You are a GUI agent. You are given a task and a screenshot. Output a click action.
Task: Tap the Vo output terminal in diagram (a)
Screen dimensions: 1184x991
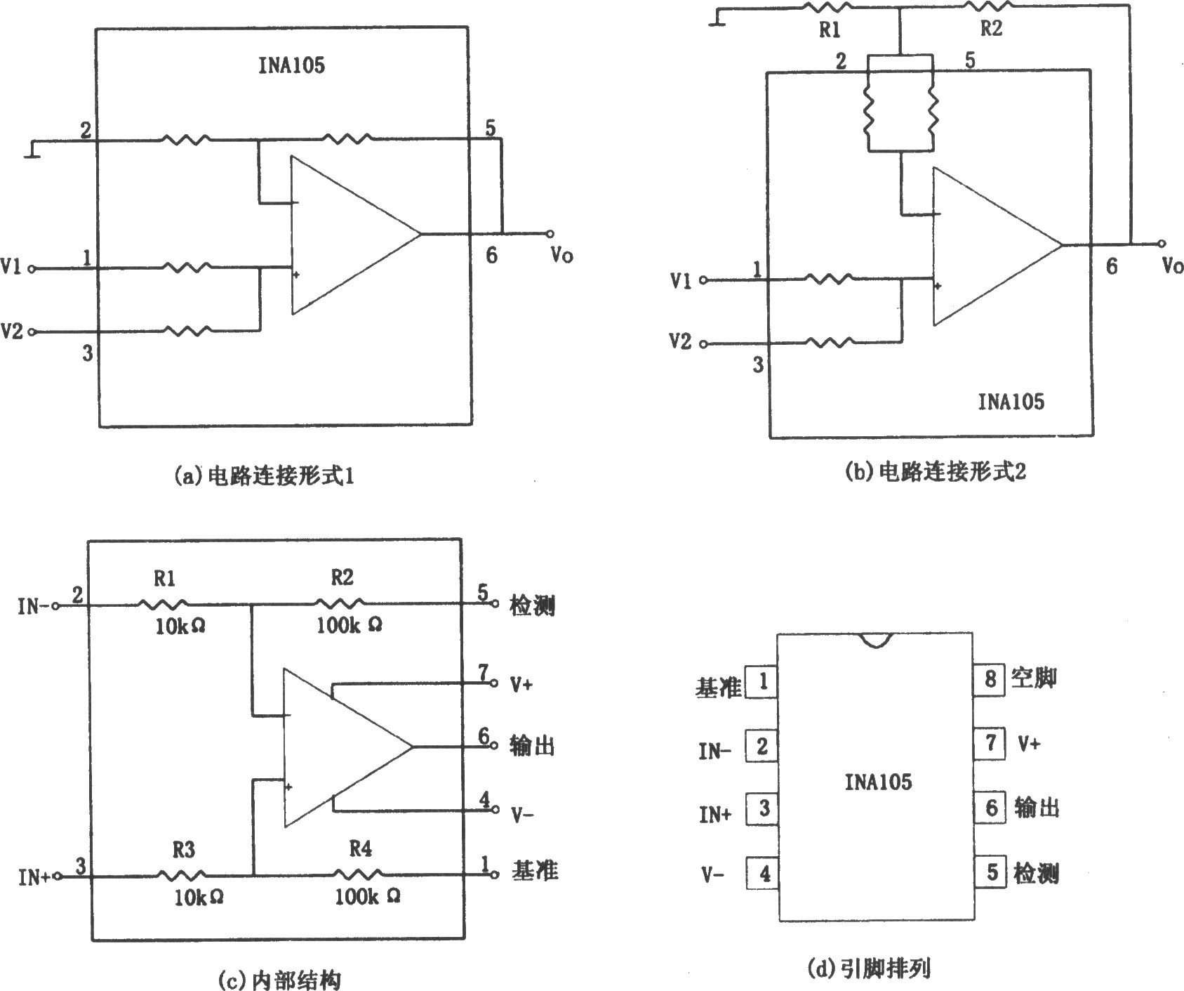click(x=550, y=234)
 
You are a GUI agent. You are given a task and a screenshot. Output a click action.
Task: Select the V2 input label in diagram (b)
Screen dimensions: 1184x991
click(x=681, y=342)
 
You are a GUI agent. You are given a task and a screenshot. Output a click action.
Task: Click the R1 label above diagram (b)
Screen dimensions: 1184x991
click(x=830, y=30)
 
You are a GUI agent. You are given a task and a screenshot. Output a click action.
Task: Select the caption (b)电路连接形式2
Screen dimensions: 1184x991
click(x=936, y=472)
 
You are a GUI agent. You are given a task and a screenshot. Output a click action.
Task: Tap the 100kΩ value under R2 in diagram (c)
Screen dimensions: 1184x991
click(x=349, y=624)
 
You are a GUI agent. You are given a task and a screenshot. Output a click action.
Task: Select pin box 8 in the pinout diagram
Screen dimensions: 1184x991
click(x=990, y=679)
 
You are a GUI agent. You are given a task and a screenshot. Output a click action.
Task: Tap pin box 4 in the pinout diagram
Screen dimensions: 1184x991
click(x=764, y=874)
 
